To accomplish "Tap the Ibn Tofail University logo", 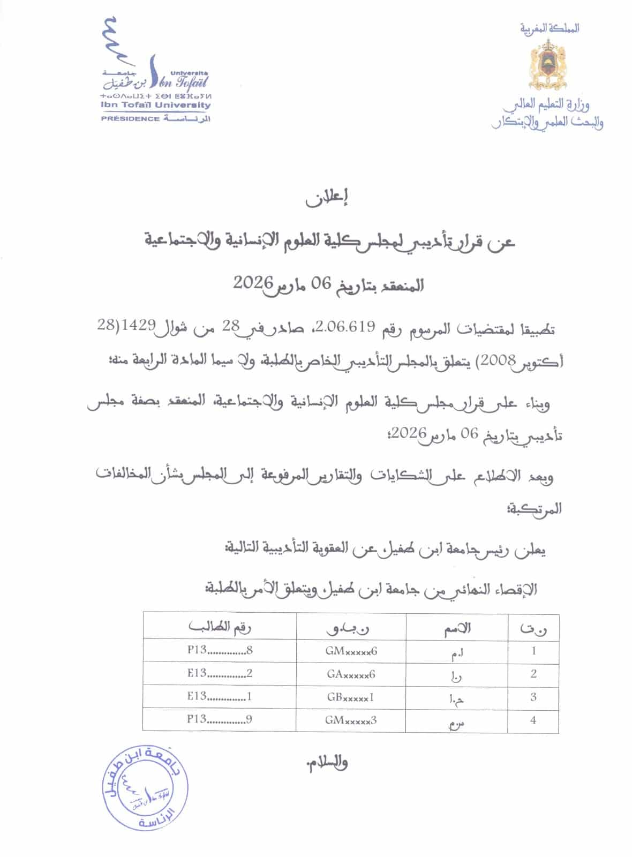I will point(155,70).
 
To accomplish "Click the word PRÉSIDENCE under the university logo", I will point(130,119).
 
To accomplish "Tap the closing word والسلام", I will point(326,763).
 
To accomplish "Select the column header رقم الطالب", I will point(220,627).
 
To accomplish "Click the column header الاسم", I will point(457,628).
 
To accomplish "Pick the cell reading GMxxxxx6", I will point(351,651).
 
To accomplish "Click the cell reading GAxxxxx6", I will point(351,674).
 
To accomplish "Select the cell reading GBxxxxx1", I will point(351,697).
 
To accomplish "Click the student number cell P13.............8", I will point(220,651).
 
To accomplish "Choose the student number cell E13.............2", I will point(220,674).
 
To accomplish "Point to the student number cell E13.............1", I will point(220,697).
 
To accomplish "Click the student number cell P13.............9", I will point(220,720).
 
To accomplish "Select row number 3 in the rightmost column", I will point(533,697).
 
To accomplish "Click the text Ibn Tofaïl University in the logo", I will point(156,106).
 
